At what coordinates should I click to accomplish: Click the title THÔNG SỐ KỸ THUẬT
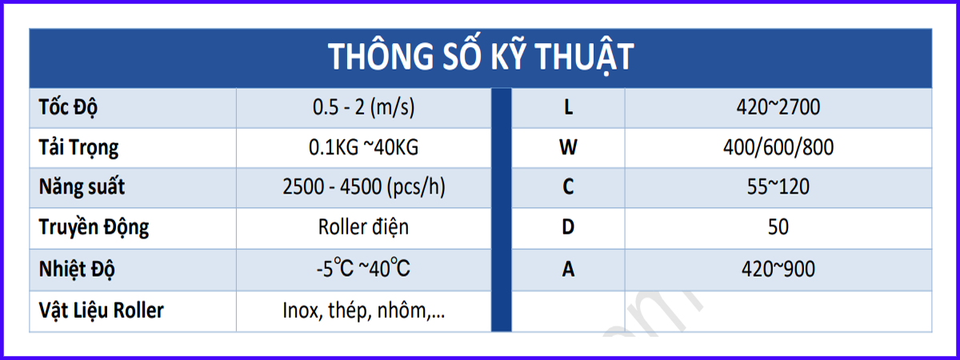(x=481, y=57)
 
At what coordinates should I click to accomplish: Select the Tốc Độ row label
(x=68, y=107)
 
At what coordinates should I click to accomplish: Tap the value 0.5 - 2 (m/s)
(x=364, y=107)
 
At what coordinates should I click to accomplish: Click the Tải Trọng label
(x=78, y=148)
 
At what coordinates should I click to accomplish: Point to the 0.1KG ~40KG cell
(x=363, y=147)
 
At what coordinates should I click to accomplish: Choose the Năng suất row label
(x=82, y=187)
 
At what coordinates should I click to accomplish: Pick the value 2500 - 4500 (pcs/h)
(x=364, y=187)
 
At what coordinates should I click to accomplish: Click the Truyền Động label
(x=94, y=226)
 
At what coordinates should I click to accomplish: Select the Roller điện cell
(x=363, y=226)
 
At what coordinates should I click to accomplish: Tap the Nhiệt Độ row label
(x=77, y=269)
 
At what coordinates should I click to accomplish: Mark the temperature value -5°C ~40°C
(x=363, y=268)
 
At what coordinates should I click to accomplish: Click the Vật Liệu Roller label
(x=101, y=310)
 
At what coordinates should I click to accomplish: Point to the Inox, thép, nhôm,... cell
(x=364, y=310)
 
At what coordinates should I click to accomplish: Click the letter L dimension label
(x=568, y=107)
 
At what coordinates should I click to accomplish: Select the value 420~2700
(x=778, y=107)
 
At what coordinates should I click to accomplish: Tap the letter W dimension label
(x=568, y=147)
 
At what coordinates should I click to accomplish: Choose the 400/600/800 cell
(x=778, y=147)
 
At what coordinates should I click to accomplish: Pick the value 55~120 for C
(x=778, y=187)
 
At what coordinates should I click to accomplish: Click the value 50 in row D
(x=778, y=226)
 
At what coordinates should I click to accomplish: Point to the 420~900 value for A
(x=778, y=269)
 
